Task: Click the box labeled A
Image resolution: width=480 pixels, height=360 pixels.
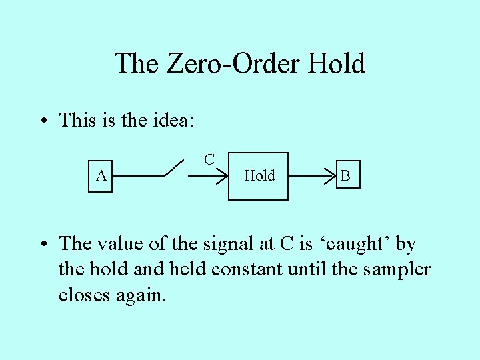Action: pyautogui.click(x=101, y=176)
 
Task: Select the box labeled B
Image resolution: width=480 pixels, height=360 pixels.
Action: pyautogui.click(x=345, y=176)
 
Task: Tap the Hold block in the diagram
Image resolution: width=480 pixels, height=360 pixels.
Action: pyautogui.click(x=259, y=176)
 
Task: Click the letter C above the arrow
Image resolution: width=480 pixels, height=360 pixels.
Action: pyautogui.click(x=209, y=159)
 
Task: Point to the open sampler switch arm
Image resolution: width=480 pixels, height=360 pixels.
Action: pyautogui.click(x=175, y=168)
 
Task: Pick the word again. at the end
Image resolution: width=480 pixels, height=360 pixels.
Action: pyautogui.click(x=142, y=295)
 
